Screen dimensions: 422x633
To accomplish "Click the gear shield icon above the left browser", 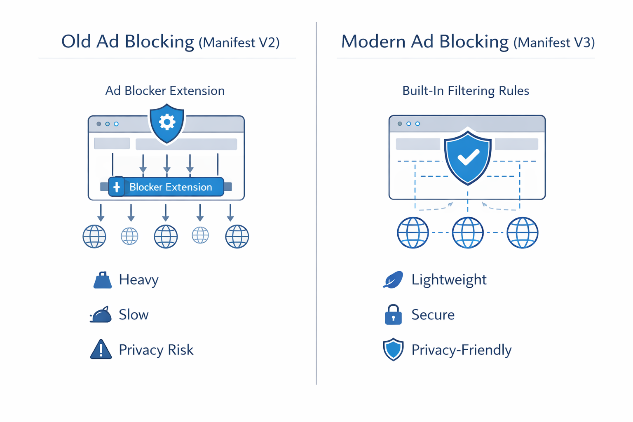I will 167,123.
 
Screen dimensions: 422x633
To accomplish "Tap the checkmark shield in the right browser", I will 468,157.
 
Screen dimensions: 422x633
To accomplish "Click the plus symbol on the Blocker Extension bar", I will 117,187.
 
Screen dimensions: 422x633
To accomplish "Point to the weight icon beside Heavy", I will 102,280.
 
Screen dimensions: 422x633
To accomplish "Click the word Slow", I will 134,315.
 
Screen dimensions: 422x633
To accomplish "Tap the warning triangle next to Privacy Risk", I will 101,350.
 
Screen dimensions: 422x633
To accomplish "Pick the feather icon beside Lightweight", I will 393,280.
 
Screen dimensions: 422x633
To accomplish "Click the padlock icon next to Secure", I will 393,315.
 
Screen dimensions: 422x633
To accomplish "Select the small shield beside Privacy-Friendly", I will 393,349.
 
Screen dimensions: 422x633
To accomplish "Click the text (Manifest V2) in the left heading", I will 239,42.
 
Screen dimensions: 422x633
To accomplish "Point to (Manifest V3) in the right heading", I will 554,42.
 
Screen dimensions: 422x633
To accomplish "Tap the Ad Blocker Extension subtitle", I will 165,91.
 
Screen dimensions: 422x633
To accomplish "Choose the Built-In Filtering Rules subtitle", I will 466,91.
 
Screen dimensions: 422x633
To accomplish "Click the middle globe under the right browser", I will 468,233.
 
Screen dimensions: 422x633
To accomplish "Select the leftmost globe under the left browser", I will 94,237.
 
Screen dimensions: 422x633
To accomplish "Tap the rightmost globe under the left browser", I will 237,237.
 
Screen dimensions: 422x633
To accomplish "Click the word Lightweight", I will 449,280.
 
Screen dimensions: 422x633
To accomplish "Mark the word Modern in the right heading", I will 373,42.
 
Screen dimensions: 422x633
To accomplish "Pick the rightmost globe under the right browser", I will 522,233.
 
